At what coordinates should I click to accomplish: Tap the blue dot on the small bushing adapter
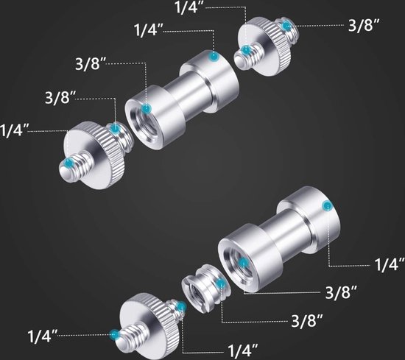pyautogui.click(x=221, y=284)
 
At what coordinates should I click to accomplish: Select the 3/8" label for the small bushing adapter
pyautogui.click(x=307, y=320)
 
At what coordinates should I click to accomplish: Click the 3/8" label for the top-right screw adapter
pyautogui.click(x=364, y=25)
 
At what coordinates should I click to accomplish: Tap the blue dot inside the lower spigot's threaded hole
pyautogui.click(x=243, y=263)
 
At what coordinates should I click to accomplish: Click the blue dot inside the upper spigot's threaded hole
pyautogui.click(x=147, y=109)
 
